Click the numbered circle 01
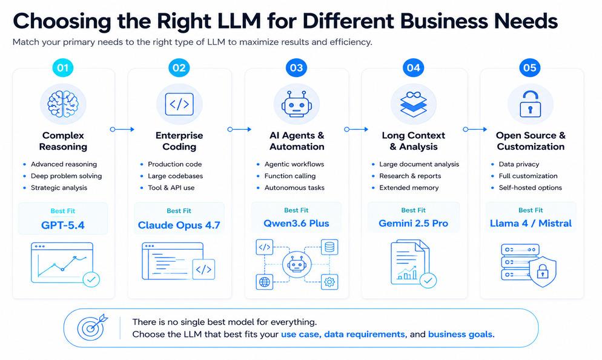63,68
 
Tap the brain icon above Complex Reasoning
63,104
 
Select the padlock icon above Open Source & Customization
530,104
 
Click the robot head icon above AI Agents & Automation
296,104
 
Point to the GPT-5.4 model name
63,225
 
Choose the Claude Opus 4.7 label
179,225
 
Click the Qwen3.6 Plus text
296,224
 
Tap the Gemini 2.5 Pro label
414,224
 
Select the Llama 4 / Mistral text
531,224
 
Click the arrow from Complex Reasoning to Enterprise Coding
122,130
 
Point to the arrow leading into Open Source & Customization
475,130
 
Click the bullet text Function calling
290,176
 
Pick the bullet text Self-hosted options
530,188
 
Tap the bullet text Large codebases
176,176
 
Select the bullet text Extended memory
409,188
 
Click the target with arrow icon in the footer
92,327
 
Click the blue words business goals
460,335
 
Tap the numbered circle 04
413,68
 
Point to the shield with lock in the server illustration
542,272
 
